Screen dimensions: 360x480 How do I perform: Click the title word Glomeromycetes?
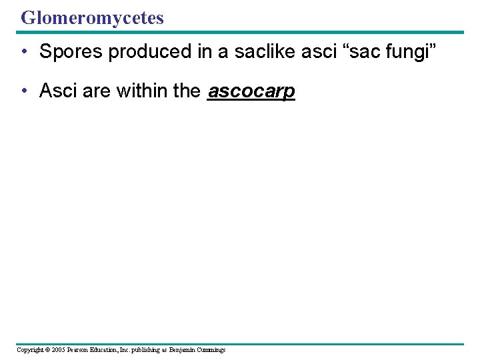[x=92, y=18]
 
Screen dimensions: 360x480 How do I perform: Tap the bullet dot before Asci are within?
[x=24, y=91]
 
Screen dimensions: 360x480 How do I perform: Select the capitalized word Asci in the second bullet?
[x=58, y=91]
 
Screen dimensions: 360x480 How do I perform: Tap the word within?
[x=142, y=91]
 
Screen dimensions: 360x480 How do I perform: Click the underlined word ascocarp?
[x=251, y=91]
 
